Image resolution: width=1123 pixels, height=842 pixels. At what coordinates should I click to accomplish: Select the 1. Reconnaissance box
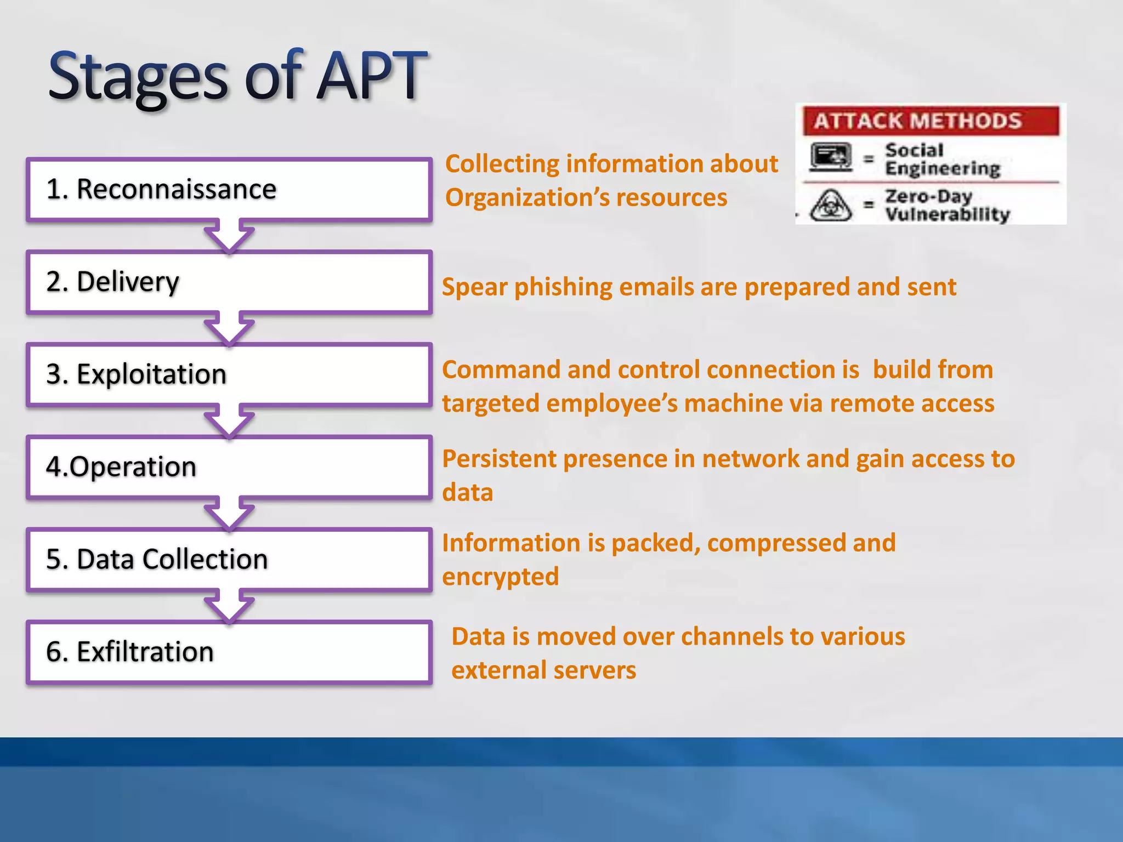(x=229, y=190)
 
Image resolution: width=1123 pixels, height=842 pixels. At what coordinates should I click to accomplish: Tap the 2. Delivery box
(x=229, y=282)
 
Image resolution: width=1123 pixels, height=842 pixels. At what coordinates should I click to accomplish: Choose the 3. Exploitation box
(x=229, y=375)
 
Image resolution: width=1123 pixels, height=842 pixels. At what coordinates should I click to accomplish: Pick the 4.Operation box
(x=229, y=468)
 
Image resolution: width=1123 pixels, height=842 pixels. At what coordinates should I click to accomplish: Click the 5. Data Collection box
(x=229, y=560)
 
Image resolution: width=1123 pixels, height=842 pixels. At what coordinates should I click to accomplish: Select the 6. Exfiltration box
(x=229, y=652)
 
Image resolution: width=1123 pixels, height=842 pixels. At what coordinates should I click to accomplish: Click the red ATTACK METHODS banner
(x=931, y=121)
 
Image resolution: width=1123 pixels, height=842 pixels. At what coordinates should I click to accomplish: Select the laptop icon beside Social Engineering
(x=831, y=157)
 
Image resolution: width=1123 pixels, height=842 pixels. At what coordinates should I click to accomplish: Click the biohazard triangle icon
(x=831, y=206)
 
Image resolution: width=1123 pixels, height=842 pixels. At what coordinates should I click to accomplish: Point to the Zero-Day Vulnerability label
(x=947, y=206)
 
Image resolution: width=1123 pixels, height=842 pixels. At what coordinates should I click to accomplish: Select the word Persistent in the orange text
(x=499, y=459)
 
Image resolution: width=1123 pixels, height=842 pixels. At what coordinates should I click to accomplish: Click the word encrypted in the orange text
(x=500, y=577)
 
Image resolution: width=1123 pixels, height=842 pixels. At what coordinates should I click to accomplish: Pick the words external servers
(x=543, y=670)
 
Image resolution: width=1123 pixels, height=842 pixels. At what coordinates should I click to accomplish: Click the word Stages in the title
(x=138, y=77)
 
